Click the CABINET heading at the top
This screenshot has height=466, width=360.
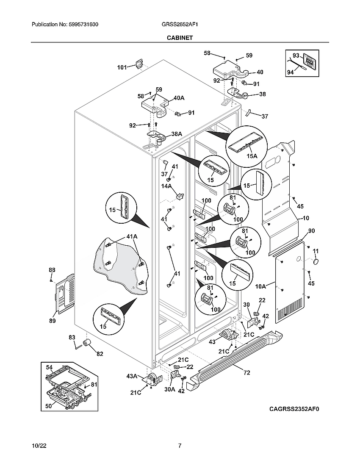point(180,38)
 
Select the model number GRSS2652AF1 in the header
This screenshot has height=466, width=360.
point(180,25)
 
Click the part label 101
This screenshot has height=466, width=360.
point(122,67)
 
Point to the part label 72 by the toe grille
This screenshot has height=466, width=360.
point(246,373)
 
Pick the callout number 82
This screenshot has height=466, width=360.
point(100,354)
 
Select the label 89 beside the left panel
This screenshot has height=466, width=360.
point(52,321)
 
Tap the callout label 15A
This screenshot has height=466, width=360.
point(252,156)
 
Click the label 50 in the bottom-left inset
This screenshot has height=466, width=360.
point(49,406)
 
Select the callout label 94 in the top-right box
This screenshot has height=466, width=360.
point(290,72)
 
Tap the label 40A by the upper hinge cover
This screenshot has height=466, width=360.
point(179,98)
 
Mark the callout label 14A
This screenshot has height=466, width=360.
point(166,186)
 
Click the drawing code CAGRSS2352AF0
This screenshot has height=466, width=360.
point(294,409)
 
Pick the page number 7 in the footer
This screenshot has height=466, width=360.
point(180,446)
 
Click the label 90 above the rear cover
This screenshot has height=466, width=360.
point(311,231)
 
